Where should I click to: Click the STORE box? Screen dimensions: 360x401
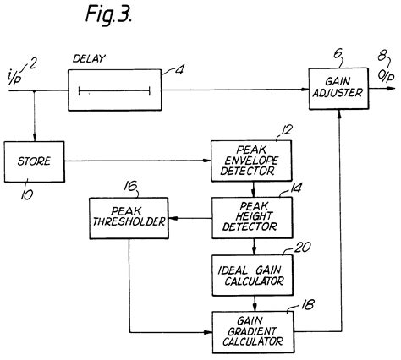(x=34, y=158)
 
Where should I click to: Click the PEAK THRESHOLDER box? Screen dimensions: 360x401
(x=126, y=219)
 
